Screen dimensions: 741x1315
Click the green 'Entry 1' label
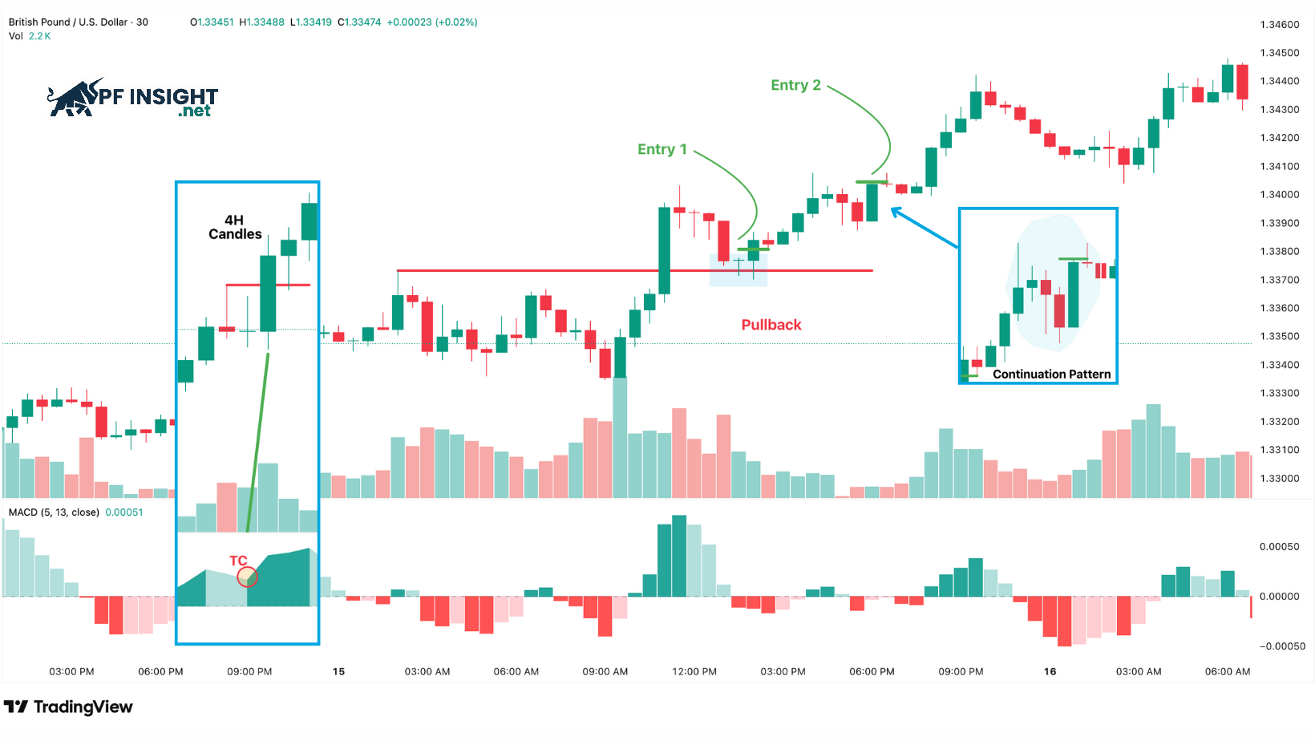click(x=662, y=149)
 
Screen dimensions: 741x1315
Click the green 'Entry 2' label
click(x=795, y=85)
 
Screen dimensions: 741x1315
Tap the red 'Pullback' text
click(x=771, y=325)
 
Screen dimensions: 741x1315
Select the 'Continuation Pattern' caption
click(x=1051, y=374)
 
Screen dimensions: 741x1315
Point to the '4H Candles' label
click(x=235, y=227)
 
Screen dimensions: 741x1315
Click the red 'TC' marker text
click(x=238, y=561)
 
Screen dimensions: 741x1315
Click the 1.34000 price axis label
click(x=1279, y=194)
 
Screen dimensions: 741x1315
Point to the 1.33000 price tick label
click(x=1279, y=478)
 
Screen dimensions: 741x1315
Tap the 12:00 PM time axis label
click(x=694, y=671)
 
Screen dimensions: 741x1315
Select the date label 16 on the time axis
click(x=1050, y=671)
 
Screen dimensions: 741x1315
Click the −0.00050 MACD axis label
click(x=1281, y=646)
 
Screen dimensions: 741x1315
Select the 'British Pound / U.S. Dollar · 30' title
click(x=79, y=22)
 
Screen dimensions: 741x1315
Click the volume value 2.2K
click(x=39, y=36)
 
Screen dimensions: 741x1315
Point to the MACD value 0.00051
click(x=124, y=512)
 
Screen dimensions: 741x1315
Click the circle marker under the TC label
click(x=247, y=577)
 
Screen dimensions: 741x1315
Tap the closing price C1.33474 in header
click(x=359, y=22)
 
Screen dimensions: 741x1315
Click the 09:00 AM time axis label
click(x=605, y=671)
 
